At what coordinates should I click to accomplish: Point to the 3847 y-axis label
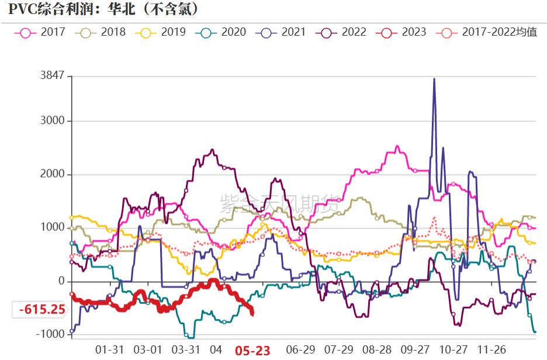pyautogui.click(x=52, y=76)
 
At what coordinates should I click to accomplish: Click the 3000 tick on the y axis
pyautogui.click(x=52, y=121)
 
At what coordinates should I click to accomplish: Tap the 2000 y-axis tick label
pyautogui.click(x=52, y=174)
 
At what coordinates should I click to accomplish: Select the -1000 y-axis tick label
pyautogui.click(x=50, y=334)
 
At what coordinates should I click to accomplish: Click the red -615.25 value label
pyautogui.click(x=41, y=309)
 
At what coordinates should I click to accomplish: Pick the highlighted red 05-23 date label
pyautogui.click(x=252, y=350)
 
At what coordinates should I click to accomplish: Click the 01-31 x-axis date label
pyautogui.click(x=109, y=349)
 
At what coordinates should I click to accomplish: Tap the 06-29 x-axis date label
pyautogui.click(x=302, y=349)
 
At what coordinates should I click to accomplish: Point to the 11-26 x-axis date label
pyautogui.click(x=491, y=349)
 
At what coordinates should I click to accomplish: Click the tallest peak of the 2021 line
pyautogui.click(x=434, y=79)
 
